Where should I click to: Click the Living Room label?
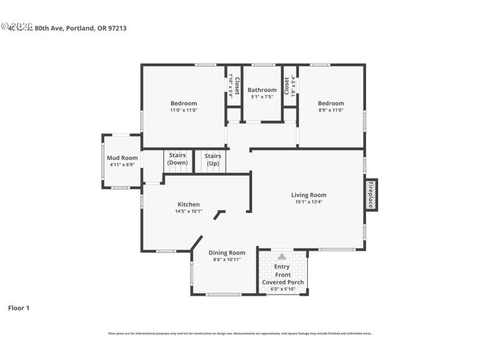point(308,195)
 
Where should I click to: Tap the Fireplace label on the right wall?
point(371,195)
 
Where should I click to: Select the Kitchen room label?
point(188,205)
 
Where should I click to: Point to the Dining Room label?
point(227,253)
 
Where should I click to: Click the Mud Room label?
point(122,158)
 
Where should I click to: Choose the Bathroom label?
point(262,90)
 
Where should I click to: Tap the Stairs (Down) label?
point(178,159)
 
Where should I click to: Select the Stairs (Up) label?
point(213,159)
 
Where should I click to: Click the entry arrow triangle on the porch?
point(281,256)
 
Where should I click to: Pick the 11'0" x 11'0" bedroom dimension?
point(184,110)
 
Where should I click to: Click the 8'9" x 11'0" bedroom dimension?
point(331,110)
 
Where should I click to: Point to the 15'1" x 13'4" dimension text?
point(308,202)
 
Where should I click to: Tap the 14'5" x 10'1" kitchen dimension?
point(188,211)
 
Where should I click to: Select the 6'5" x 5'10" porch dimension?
point(283,289)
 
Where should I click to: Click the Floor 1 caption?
point(19,308)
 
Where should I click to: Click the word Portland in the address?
point(80,28)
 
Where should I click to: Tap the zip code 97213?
point(116,28)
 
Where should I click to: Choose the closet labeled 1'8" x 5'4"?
point(289,86)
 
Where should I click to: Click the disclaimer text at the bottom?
point(239,333)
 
